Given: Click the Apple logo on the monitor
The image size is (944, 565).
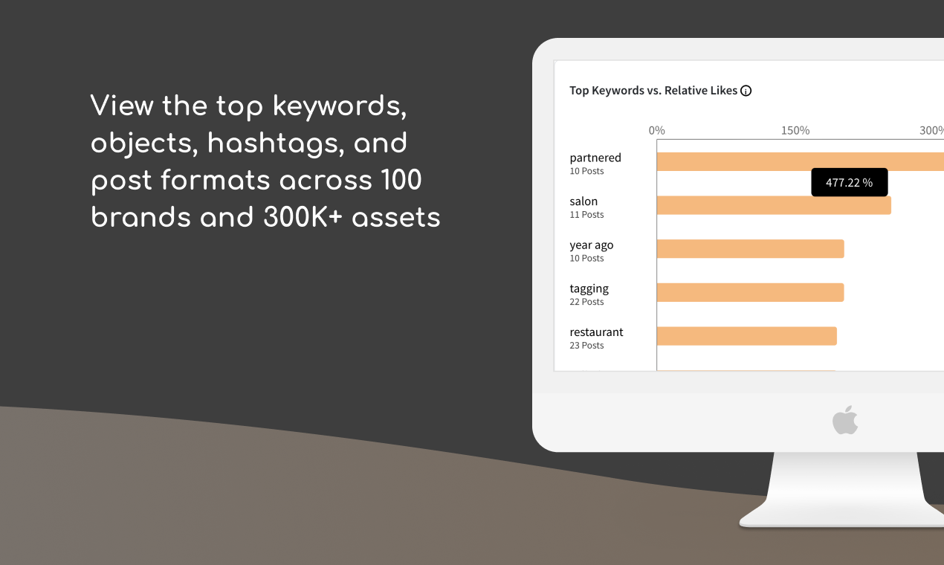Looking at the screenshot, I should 845,421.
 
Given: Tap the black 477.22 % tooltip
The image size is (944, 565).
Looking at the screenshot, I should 849,182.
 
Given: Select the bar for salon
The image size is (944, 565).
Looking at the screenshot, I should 773,205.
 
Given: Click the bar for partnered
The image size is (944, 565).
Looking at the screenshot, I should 800,161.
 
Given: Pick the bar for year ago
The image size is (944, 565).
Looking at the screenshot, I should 750,249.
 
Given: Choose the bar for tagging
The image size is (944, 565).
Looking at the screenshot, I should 750,292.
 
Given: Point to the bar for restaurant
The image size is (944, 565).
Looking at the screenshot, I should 746,336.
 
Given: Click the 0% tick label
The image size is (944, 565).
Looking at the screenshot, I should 656,131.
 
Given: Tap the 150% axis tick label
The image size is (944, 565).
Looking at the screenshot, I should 795,131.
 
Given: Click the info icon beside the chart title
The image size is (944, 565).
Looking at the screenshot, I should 746,91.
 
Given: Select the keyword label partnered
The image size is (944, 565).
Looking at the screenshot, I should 595,158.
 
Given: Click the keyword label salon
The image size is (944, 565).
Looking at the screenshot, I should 583,201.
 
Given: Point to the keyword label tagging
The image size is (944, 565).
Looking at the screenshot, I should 589,288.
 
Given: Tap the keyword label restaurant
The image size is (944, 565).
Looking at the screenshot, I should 596,332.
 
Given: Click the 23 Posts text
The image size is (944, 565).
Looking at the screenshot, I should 586,346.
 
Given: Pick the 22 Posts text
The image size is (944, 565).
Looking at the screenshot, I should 586,302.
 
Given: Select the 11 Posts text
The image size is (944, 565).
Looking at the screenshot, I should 586,215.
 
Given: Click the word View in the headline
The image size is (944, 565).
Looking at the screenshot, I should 122,106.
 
